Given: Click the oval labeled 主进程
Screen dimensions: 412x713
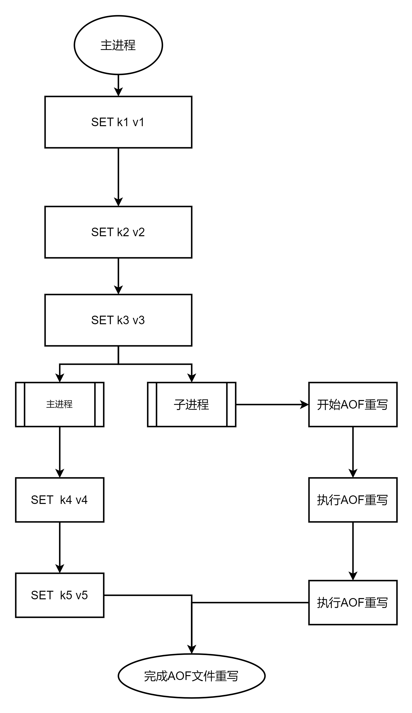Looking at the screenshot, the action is click(118, 45).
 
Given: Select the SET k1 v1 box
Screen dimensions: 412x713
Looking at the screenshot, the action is click(118, 122).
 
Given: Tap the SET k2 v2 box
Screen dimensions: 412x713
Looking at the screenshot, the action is click(118, 232).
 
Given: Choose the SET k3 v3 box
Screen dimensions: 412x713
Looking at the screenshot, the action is click(118, 320).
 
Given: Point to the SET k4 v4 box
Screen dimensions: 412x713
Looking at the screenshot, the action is click(60, 500).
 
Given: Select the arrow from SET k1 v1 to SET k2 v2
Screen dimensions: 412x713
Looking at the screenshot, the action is click(118, 177).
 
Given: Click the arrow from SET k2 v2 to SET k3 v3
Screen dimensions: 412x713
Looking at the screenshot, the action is click(118, 276).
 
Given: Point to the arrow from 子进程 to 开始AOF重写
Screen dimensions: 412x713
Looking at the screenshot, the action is click(272, 404).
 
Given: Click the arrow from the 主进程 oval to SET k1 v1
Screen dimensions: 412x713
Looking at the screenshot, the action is click(118, 85).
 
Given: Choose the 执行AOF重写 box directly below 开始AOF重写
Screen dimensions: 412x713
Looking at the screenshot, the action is click(353, 500).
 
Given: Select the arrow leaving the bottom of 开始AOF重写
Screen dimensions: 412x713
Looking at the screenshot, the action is click(353, 452).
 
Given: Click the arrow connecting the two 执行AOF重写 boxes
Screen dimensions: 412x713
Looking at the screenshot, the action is click(353, 551).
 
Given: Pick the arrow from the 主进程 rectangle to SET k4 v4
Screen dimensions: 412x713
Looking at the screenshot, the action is click(60, 452).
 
